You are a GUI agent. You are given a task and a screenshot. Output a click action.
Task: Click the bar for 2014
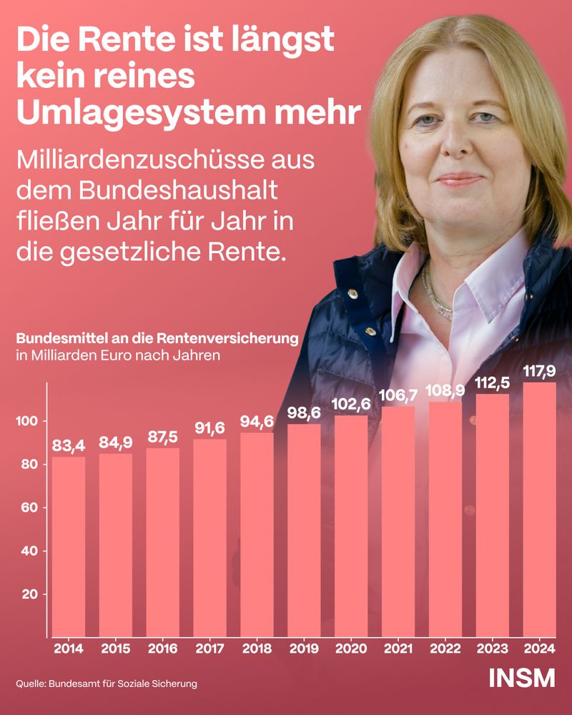(x=69, y=547)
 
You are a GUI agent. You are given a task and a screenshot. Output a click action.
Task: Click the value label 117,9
(x=540, y=371)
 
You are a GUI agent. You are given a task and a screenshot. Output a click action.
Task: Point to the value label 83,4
(x=69, y=446)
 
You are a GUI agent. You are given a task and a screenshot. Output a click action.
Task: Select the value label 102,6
(x=351, y=404)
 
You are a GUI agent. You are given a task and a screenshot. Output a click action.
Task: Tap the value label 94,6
(x=257, y=421)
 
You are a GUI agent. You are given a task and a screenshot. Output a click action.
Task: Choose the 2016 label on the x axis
(x=163, y=649)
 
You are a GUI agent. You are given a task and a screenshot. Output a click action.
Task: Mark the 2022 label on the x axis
(x=445, y=649)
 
